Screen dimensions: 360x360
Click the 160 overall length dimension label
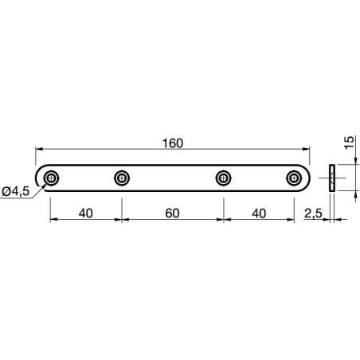tap(172, 143)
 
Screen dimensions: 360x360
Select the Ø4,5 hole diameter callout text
tap(17, 190)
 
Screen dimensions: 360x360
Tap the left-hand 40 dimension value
tap(86, 213)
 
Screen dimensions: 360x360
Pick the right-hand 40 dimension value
tap(259, 213)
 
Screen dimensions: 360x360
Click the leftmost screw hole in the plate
tap(51, 178)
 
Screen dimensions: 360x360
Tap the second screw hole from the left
tap(121, 178)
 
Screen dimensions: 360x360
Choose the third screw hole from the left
tap(224, 178)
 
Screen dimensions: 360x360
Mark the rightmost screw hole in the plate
tap(293, 178)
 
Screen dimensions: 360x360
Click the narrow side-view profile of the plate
tap(332, 178)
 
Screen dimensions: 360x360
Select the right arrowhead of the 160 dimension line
tap(307, 150)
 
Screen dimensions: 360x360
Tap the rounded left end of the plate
tap(38, 178)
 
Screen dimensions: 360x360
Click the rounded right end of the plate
tap(307, 178)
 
